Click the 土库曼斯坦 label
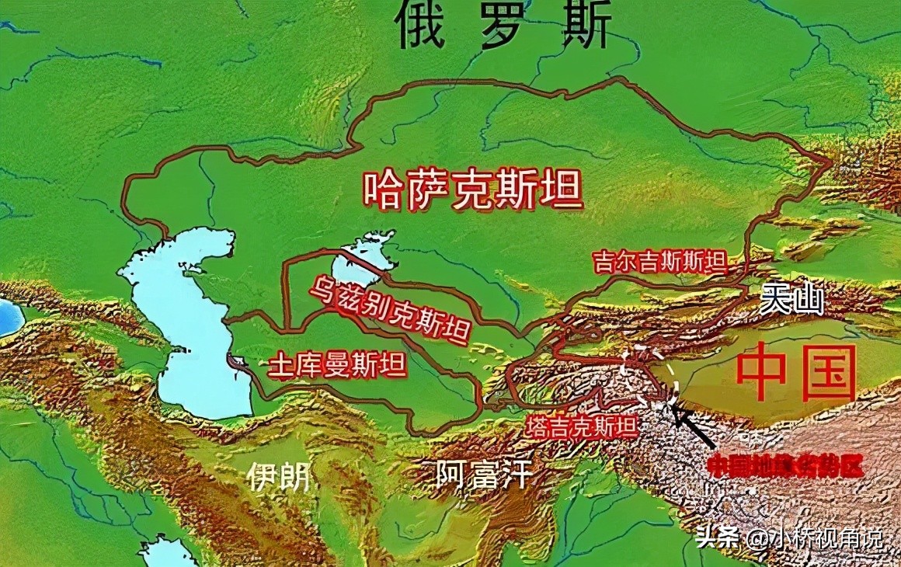pyautogui.click(x=336, y=366)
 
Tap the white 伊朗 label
pyautogui.click(x=279, y=476)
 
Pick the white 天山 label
pyautogui.click(x=791, y=300)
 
